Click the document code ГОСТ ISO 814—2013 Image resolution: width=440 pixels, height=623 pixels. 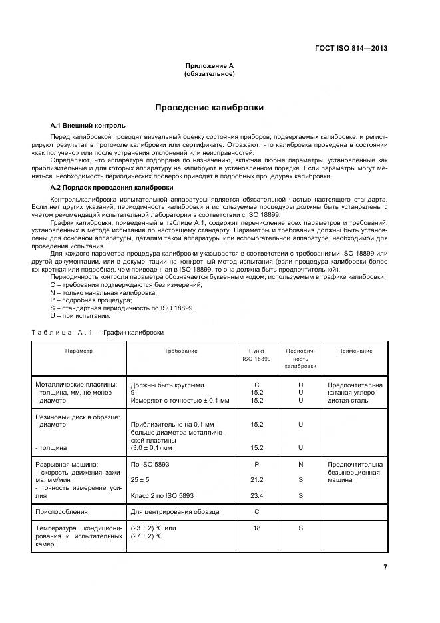(351, 48)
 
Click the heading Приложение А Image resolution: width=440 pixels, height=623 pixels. (209, 65)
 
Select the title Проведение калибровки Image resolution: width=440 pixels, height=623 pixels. (209, 107)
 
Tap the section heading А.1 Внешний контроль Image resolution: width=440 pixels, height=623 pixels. (88, 125)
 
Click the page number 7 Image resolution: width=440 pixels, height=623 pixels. (385, 566)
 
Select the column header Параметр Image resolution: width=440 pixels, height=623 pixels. (79, 351)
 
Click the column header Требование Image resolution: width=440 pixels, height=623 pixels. (181, 351)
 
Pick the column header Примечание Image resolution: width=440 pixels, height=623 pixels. (355, 351)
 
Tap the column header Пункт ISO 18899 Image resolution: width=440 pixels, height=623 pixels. (256, 355)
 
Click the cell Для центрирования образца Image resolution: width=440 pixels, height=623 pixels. (175, 511)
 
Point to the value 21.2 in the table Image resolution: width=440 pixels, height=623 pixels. (256, 479)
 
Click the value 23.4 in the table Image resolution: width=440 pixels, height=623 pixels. (256, 495)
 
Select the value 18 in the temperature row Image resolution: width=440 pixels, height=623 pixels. (256, 528)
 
